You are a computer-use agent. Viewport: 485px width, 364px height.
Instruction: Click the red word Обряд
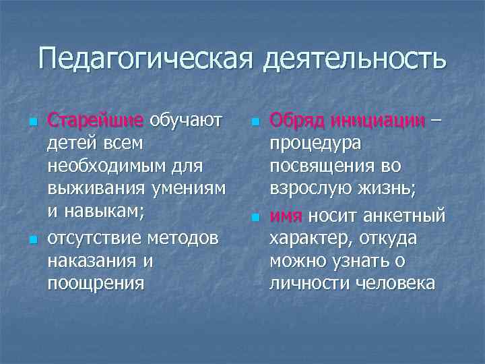click(x=294, y=121)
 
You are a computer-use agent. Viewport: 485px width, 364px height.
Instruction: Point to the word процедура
click(x=315, y=144)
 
